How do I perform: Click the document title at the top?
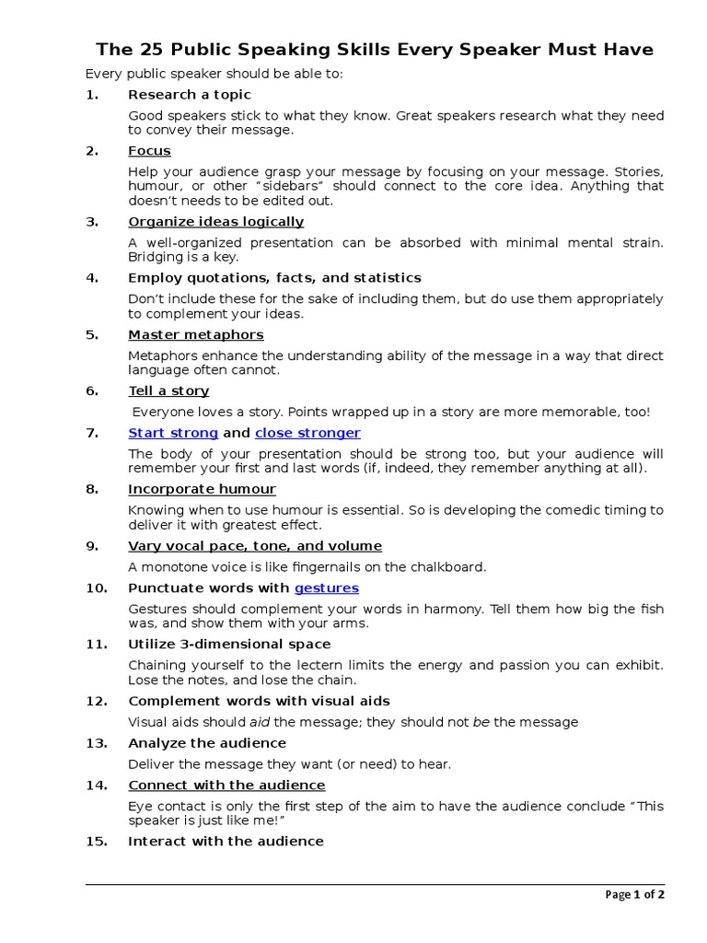click(x=376, y=50)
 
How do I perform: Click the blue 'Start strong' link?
click(x=173, y=433)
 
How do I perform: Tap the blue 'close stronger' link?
click(x=307, y=433)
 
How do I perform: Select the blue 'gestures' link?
click(x=326, y=588)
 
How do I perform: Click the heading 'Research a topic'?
click(x=189, y=95)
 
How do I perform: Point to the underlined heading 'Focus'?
click(x=149, y=151)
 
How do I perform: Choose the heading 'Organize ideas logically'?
click(x=215, y=222)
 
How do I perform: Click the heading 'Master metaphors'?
click(x=195, y=334)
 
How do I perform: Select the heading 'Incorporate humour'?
click(x=202, y=489)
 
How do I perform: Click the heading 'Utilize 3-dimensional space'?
click(x=229, y=644)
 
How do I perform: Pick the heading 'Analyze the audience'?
click(x=207, y=743)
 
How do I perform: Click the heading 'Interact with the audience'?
click(x=226, y=841)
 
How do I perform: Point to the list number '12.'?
click(x=97, y=701)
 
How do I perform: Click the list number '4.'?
click(x=92, y=278)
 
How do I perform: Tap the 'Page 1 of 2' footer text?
click(x=634, y=894)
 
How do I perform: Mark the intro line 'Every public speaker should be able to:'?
click(x=214, y=74)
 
